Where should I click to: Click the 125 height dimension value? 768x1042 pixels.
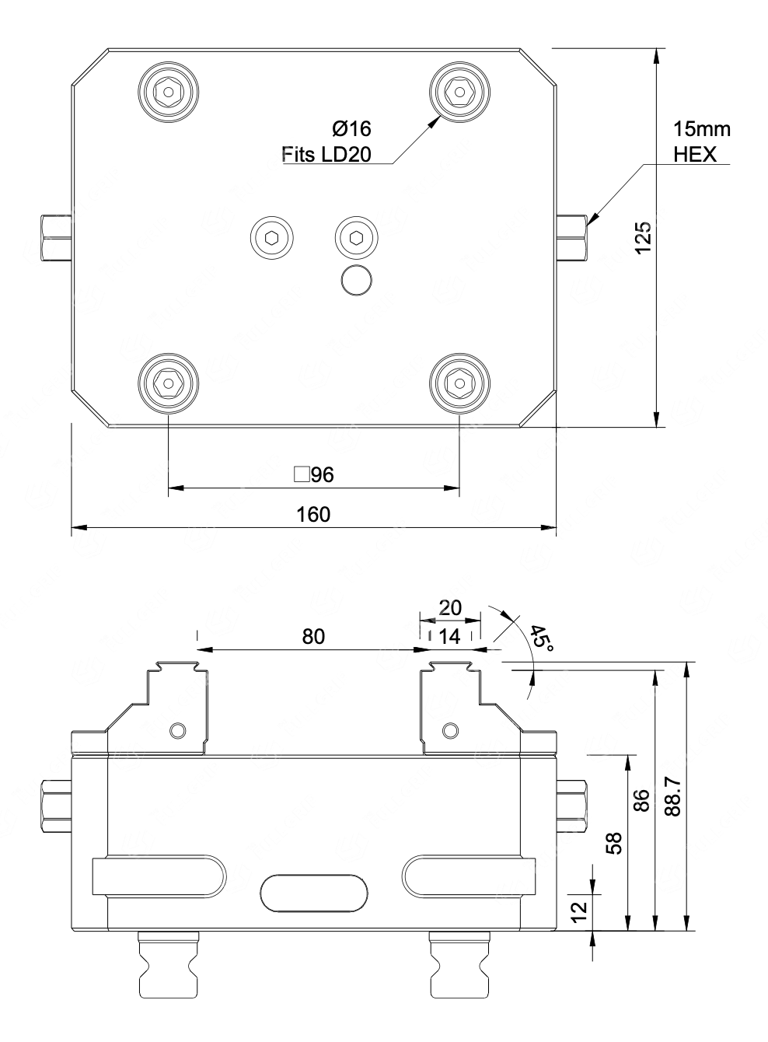click(644, 238)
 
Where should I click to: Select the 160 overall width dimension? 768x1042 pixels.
click(313, 515)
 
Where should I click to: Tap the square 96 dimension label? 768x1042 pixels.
click(314, 474)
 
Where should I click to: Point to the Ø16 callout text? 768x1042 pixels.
click(352, 128)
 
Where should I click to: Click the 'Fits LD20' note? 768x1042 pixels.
click(326, 155)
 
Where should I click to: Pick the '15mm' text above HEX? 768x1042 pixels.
click(702, 129)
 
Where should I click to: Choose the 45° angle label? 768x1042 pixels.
click(542, 638)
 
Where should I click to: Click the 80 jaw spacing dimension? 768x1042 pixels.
click(313, 636)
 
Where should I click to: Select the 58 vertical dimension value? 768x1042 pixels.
click(614, 843)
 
